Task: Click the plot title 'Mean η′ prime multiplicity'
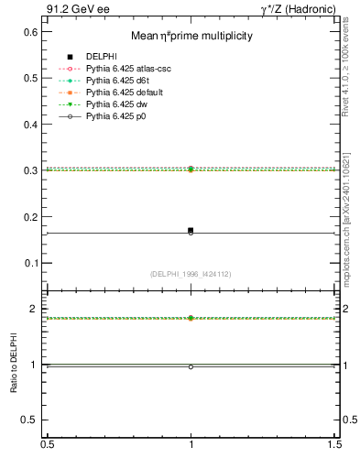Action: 191,36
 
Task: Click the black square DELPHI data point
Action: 191,230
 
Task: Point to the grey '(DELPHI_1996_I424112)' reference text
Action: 191,273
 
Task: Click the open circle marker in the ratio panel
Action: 191,366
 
